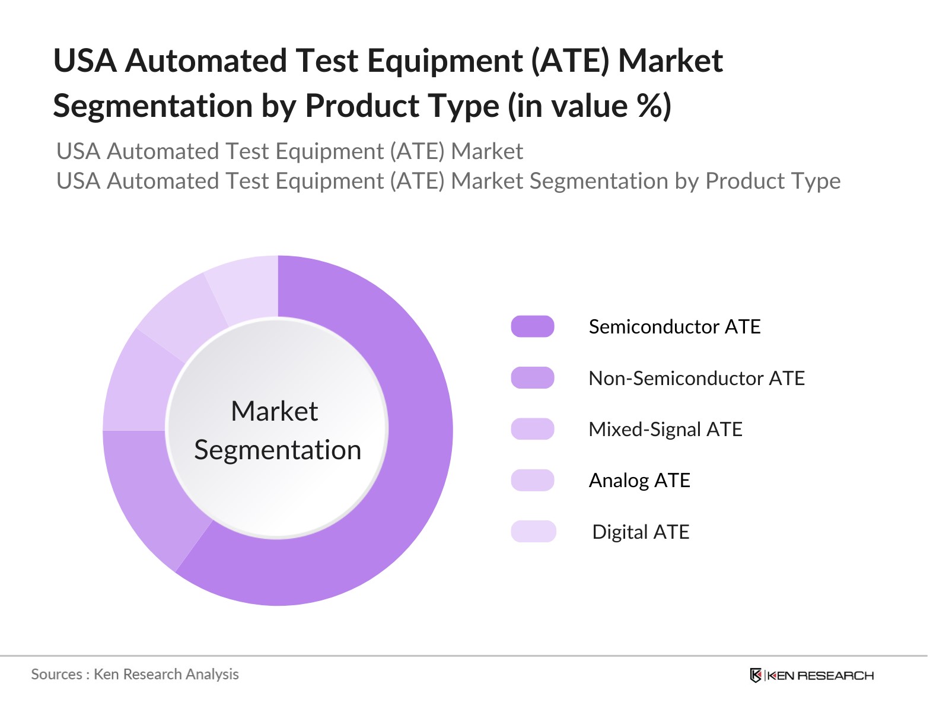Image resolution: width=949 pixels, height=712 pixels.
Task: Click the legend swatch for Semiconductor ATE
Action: click(532, 326)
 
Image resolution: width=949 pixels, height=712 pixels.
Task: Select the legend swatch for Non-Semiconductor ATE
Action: click(532, 378)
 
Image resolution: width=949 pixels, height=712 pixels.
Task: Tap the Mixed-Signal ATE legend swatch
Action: click(532, 429)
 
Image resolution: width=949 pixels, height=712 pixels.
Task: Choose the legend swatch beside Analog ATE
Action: click(532, 480)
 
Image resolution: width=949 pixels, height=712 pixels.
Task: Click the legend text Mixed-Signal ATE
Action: click(665, 429)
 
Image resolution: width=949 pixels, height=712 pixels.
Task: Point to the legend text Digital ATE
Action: click(641, 532)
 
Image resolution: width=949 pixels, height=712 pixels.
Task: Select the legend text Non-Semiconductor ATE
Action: click(696, 378)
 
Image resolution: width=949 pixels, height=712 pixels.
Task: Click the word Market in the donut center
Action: click(274, 411)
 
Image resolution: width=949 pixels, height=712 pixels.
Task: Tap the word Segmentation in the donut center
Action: click(278, 450)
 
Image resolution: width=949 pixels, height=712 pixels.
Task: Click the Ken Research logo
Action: click(811, 675)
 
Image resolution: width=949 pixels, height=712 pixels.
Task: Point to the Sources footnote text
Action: click(135, 674)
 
